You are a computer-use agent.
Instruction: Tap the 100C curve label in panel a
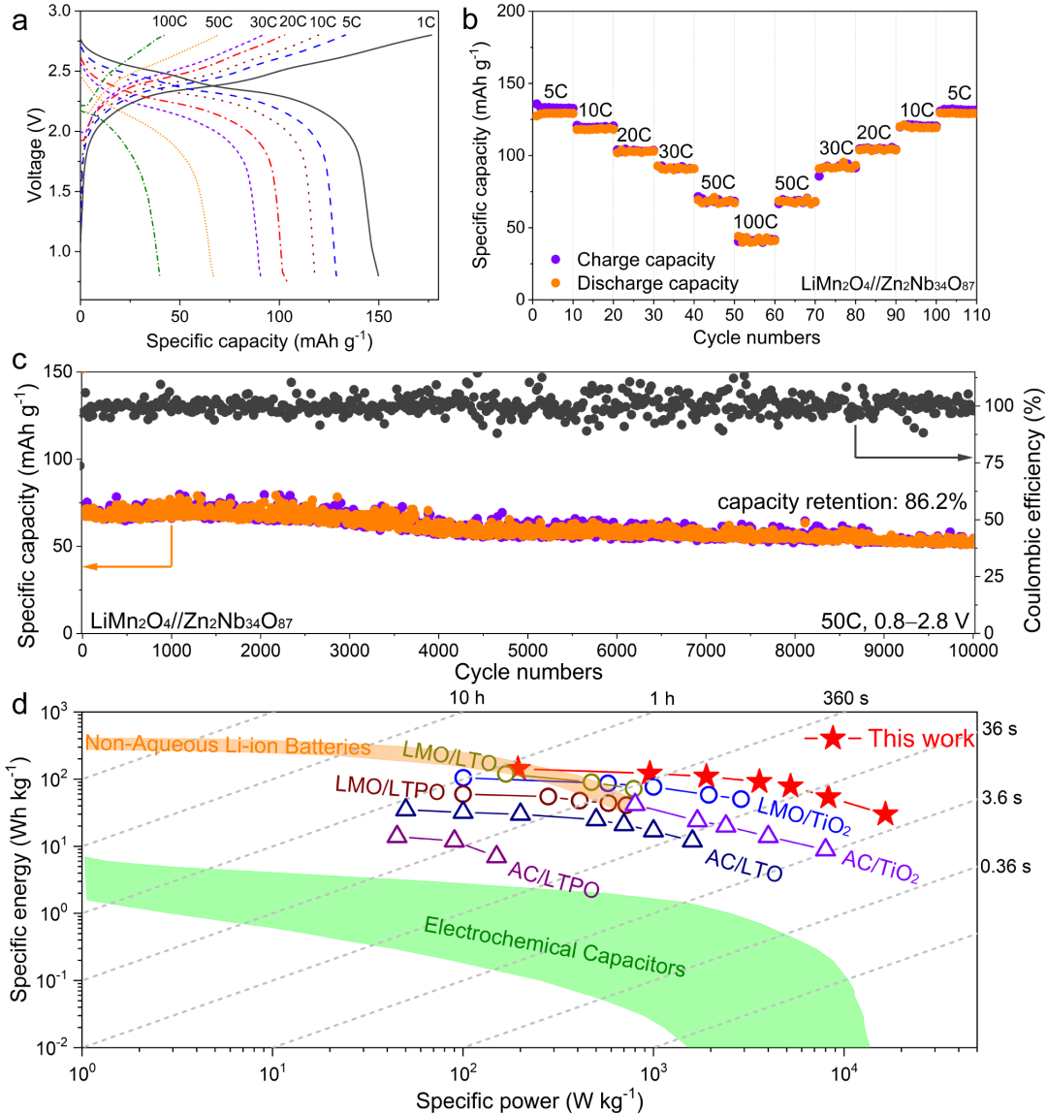(170, 21)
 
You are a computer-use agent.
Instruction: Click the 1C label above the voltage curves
(425, 21)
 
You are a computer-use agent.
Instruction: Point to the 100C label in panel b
(755, 222)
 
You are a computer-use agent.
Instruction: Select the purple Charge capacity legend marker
(556, 259)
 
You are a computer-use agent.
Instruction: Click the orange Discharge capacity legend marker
(556, 283)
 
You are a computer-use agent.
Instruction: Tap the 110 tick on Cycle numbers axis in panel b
(976, 315)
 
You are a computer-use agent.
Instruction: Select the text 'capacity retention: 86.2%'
(841, 502)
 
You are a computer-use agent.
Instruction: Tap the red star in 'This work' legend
(832, 739)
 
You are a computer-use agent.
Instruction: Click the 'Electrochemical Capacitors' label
(555, 945)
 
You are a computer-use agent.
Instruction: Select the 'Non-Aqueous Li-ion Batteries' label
(229, 747)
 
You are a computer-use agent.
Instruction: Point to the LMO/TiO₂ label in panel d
(804, 815)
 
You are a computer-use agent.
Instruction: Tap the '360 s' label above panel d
(845, 698)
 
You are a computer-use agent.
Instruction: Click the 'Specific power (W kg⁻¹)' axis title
(528, 1100)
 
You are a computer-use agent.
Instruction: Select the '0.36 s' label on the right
(1005, 866)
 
